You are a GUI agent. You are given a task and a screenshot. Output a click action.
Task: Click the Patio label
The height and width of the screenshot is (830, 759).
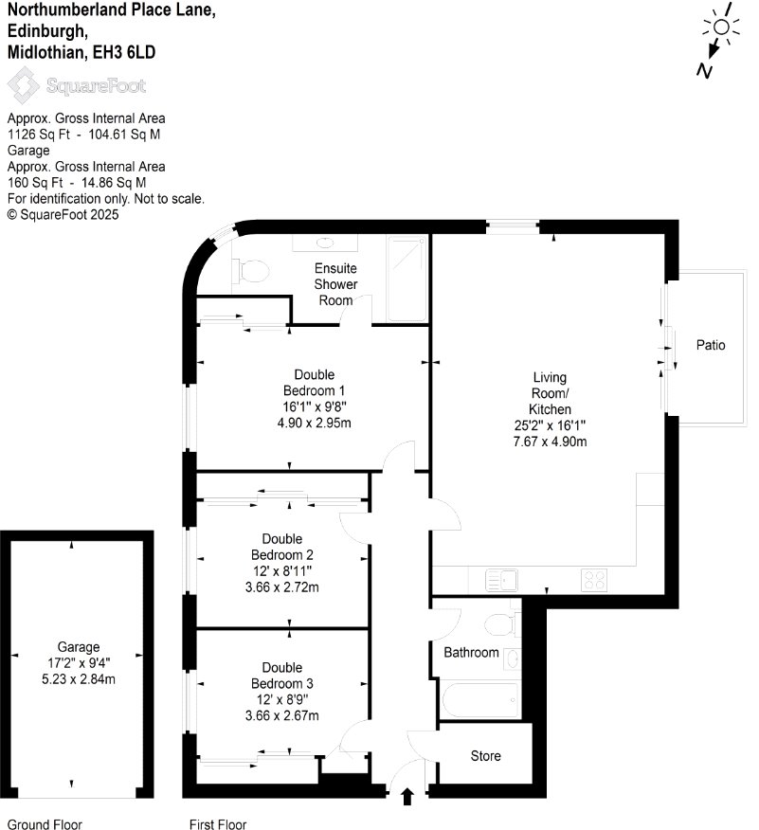click(711, 345)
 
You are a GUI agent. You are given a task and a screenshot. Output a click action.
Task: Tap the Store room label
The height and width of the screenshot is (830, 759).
click(485, 756)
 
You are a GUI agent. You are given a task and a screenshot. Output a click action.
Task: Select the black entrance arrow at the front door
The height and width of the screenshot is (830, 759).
click(407, 796)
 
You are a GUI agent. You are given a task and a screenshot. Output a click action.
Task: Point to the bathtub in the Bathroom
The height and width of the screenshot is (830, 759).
click(479, 700)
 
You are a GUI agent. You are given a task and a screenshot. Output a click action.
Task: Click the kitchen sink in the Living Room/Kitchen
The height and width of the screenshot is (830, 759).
click(501, 580)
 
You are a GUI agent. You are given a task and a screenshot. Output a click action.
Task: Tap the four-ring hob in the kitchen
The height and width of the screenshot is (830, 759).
click(594, 580)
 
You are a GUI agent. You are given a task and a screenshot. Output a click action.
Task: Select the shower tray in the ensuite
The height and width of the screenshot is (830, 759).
click(407, 279)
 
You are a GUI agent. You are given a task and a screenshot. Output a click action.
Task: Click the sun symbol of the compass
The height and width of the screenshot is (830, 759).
click(721, 27)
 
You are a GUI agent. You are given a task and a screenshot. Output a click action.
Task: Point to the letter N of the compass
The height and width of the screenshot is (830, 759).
click(704, 70)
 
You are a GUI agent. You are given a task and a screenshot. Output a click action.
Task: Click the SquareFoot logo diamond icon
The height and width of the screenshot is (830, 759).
click(24, 84)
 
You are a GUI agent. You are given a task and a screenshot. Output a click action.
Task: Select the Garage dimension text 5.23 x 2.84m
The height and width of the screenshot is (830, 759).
click(79, 679)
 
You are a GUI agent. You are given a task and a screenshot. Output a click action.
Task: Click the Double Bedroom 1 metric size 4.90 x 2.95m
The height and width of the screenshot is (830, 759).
click(314, 423)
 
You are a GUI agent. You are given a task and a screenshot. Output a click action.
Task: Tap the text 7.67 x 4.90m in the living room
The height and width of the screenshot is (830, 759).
click(550, 442)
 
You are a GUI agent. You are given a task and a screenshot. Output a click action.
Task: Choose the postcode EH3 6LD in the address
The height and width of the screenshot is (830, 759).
click(124, 52)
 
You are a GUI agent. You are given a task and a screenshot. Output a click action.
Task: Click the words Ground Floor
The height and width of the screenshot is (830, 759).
click(45, 824)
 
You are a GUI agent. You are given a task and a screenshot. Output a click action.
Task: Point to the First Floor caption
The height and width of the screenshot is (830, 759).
click(218, 824)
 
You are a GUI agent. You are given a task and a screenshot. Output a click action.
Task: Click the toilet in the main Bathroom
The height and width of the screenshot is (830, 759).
click(499, 624)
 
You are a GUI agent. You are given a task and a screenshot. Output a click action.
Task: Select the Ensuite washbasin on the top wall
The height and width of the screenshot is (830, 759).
click(325, 243)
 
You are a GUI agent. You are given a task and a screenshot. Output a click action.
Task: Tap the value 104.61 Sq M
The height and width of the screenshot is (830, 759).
click(124, 135)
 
